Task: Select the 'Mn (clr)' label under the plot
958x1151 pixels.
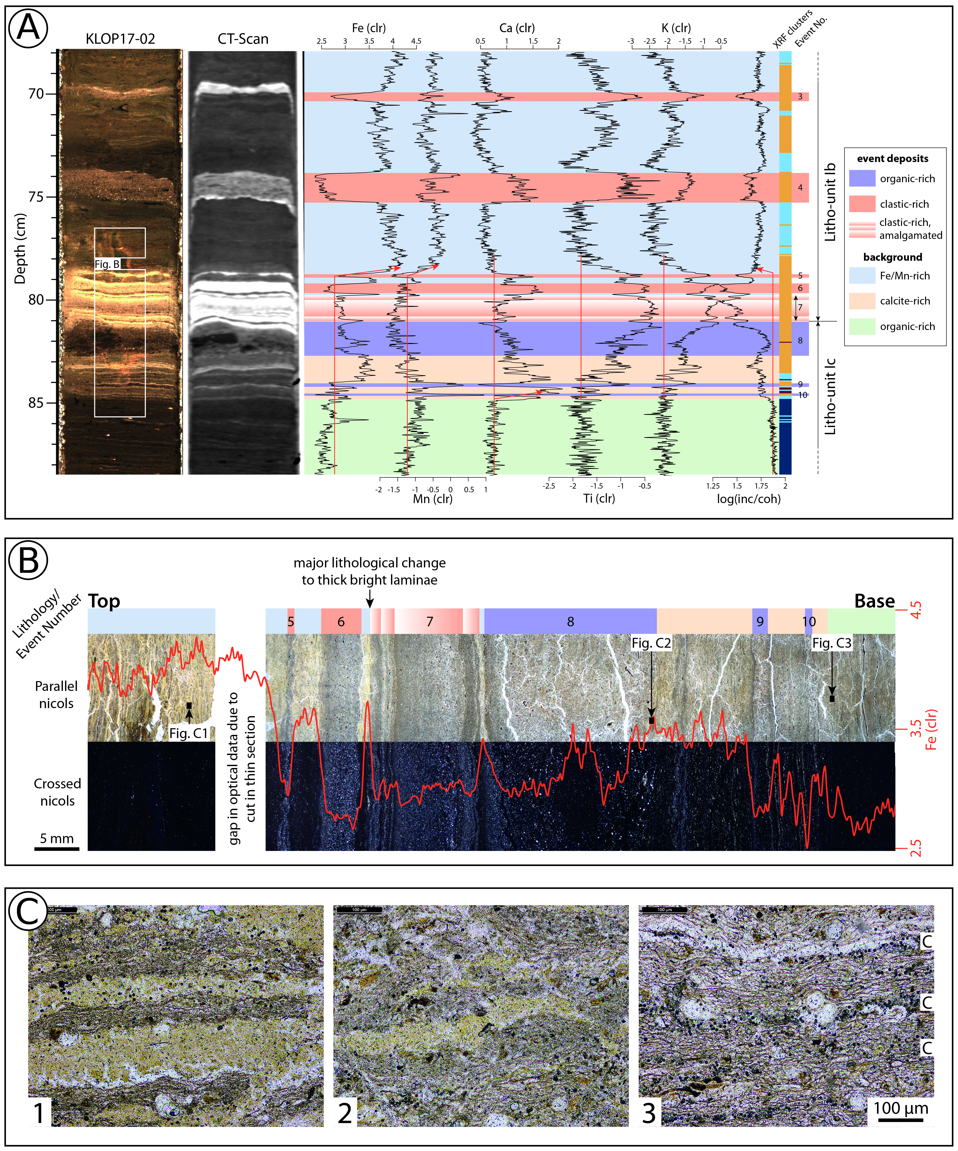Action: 432,499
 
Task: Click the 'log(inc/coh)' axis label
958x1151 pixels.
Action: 749,499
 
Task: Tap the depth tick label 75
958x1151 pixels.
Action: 36,197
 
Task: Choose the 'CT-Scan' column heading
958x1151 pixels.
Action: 243,39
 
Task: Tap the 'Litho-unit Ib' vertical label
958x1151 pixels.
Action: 830,202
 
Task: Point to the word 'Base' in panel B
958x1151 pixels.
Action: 874,601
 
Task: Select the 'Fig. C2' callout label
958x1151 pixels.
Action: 651,643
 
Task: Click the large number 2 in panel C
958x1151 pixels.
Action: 345,1113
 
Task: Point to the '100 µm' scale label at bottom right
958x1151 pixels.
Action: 901,1108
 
